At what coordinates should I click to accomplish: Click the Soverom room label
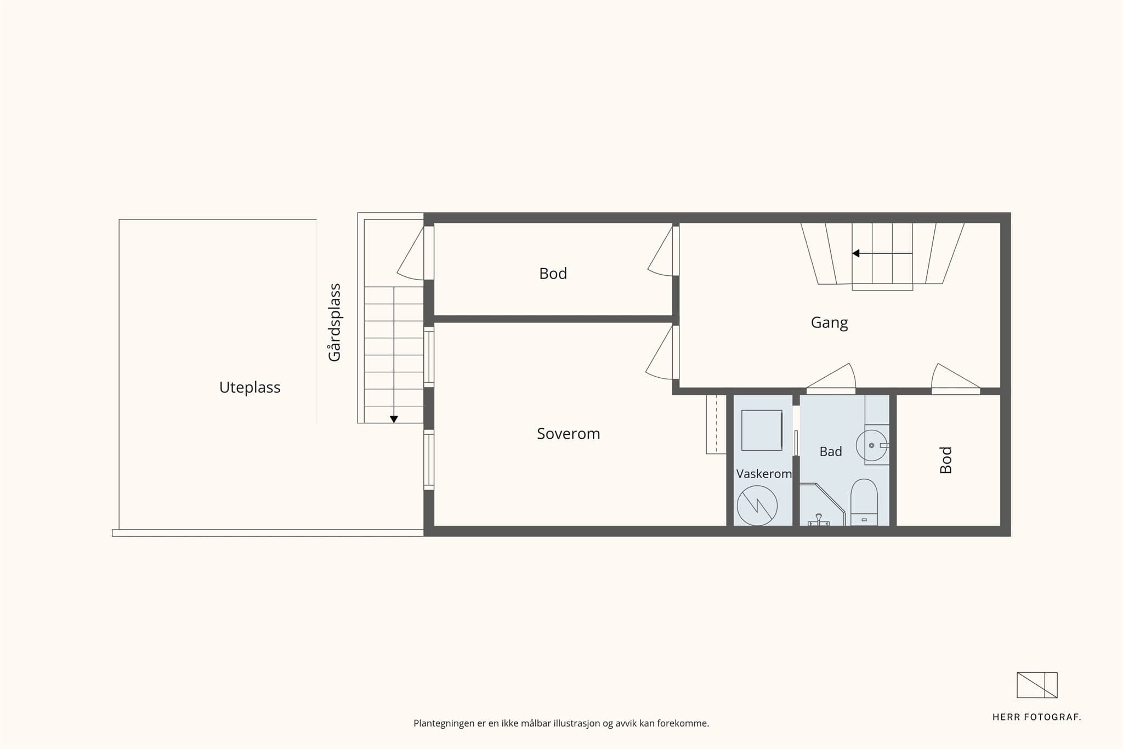568,434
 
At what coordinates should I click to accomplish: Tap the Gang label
829,322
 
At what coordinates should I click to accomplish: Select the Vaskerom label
764,474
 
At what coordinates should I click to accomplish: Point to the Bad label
831,451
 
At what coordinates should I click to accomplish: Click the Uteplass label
249,388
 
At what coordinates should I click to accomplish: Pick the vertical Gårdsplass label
334,322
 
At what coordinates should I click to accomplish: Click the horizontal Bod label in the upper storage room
553,274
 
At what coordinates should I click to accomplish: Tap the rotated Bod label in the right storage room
946,460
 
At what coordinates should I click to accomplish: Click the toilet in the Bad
864,503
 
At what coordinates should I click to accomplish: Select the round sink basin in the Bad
871,445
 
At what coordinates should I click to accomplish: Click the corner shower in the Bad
823,504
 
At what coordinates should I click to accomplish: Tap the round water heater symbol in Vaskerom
757,506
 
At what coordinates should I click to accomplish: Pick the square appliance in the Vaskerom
762,430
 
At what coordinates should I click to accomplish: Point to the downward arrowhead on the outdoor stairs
394,419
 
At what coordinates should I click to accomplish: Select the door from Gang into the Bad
831,378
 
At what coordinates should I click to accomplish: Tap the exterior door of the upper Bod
411,252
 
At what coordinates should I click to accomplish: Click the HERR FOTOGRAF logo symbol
1037,685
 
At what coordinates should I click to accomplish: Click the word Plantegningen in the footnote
444,724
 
